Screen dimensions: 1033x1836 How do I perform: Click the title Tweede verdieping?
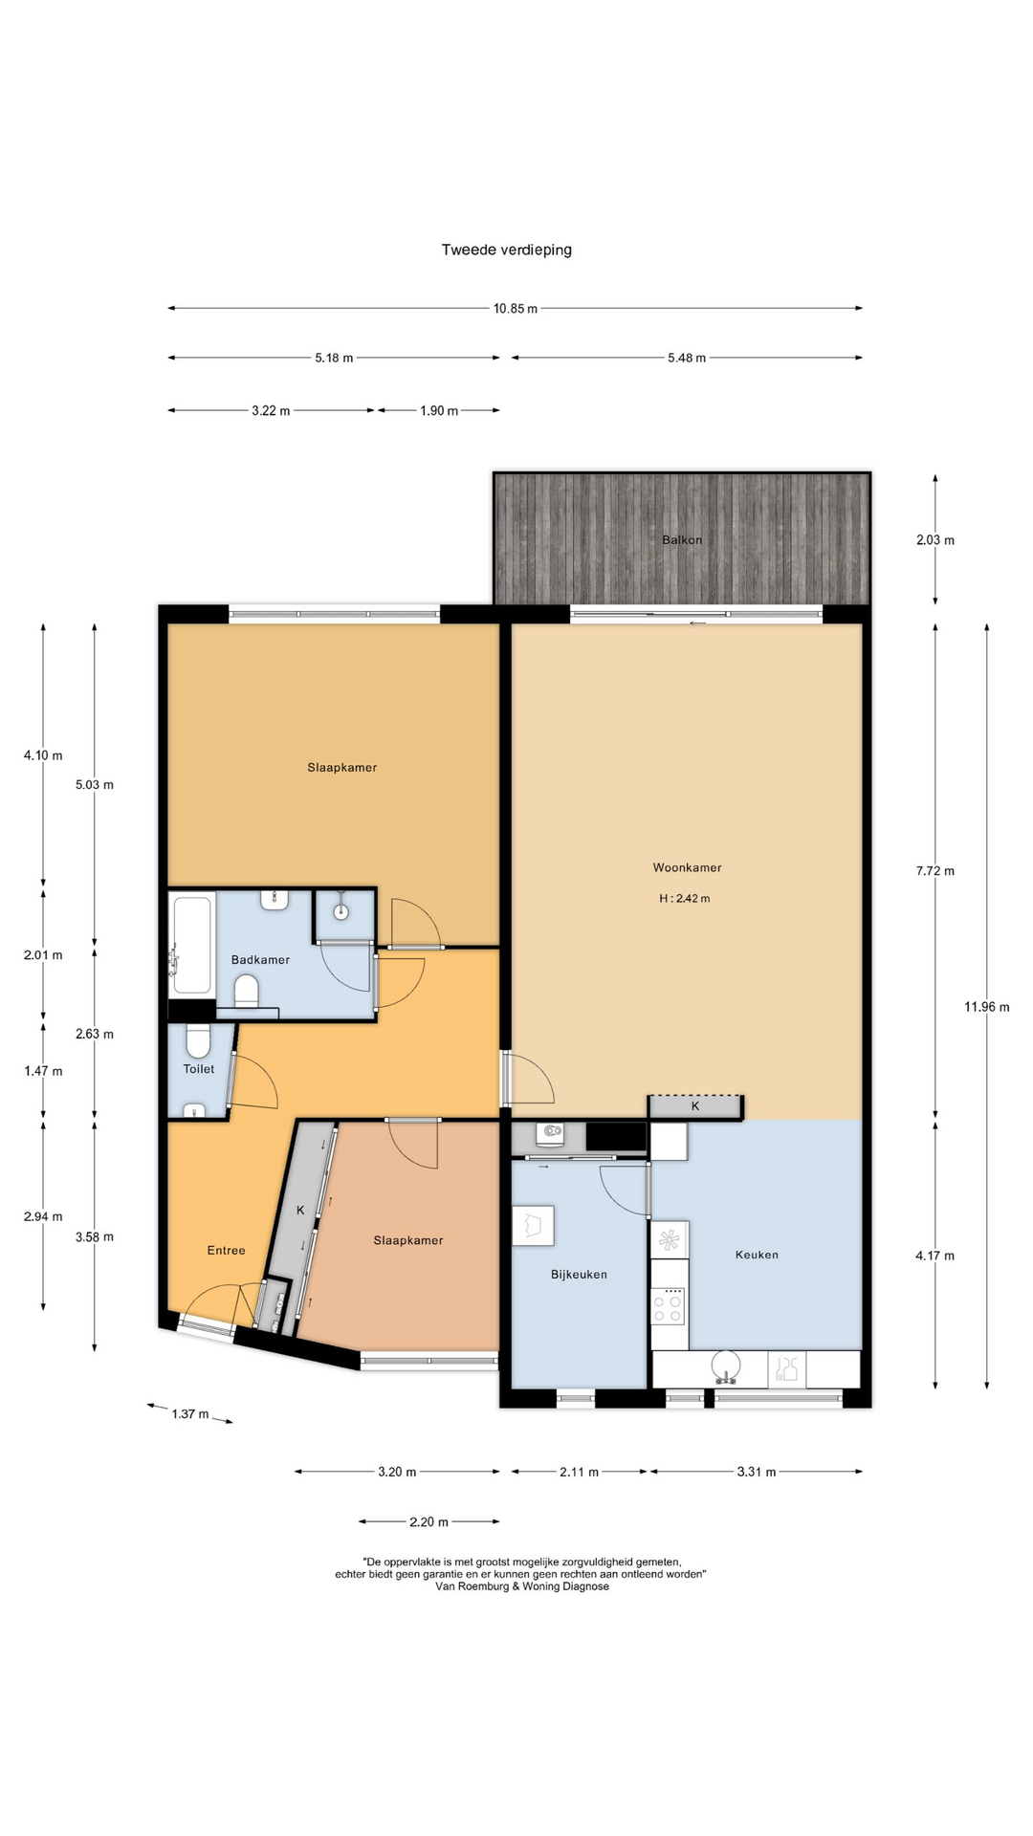coord(506,251)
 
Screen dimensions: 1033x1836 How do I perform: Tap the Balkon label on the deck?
coord(682,540)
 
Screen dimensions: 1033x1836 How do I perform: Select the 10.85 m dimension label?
coord(516,309)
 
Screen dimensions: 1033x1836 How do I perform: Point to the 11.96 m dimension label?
coord(987,1007)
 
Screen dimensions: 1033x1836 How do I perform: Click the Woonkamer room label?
coord(688,868)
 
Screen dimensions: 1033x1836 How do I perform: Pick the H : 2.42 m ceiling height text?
coord(685,899)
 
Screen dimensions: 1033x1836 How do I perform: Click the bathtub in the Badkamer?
coord(191,945)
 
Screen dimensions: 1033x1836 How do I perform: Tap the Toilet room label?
coord(199,1069)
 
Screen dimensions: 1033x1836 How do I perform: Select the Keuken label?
coord(757,1255)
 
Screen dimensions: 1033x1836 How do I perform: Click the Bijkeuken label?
coord(579,1275)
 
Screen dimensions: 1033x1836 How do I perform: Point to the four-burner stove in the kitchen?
coord(669,1306)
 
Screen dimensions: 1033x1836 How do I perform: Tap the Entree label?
coord(227,1251)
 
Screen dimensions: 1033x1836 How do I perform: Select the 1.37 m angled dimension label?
coord(190,1414)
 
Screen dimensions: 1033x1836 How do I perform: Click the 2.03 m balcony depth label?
coord(935,540)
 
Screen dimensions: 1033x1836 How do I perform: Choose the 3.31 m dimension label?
coord(757,1473)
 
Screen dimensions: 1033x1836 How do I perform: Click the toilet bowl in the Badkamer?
coord(247,991)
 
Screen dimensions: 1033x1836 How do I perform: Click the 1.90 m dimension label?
coord(439,411)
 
